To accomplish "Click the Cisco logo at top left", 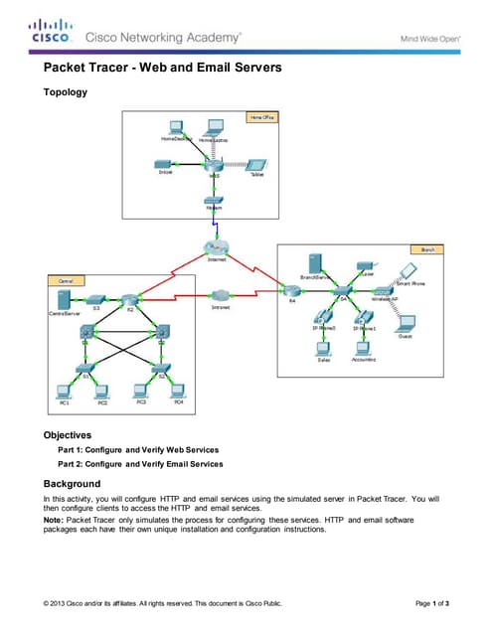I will coord(50,31).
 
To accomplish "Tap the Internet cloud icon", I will coord(215,248).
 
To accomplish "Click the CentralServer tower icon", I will coord(62,297).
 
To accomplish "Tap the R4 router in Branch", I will coord(291,290).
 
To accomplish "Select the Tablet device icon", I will coord(256,164).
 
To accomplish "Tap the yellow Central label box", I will coord(60,281).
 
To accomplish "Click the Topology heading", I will coord(65,92).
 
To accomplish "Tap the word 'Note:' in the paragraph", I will coord(54,519).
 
